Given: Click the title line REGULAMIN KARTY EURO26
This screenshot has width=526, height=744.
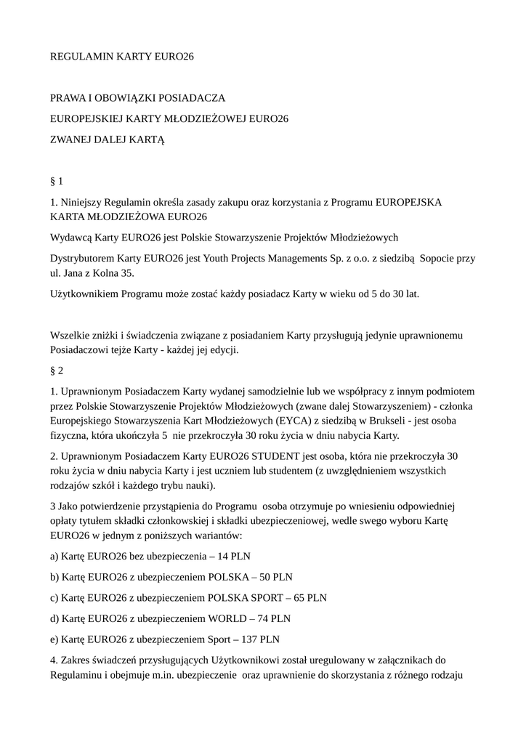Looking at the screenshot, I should click(x=122, y=55).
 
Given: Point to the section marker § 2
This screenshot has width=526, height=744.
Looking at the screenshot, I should click(x=57, y=370).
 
